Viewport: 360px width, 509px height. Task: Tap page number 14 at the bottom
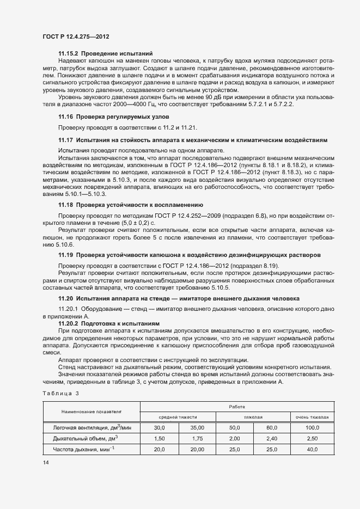point(45,463)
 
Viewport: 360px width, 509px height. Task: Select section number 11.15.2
point(68,53)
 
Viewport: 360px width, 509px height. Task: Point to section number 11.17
point(66,140)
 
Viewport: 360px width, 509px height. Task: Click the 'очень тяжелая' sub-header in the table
point(312,417)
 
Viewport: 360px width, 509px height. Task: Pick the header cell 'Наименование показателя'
point(91,412)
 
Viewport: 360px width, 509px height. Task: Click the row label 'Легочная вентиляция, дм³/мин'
point(91,428)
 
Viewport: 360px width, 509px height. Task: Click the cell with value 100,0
point(312,428)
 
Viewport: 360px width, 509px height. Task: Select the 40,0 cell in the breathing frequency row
point(312,449)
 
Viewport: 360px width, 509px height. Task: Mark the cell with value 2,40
point(272,438)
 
